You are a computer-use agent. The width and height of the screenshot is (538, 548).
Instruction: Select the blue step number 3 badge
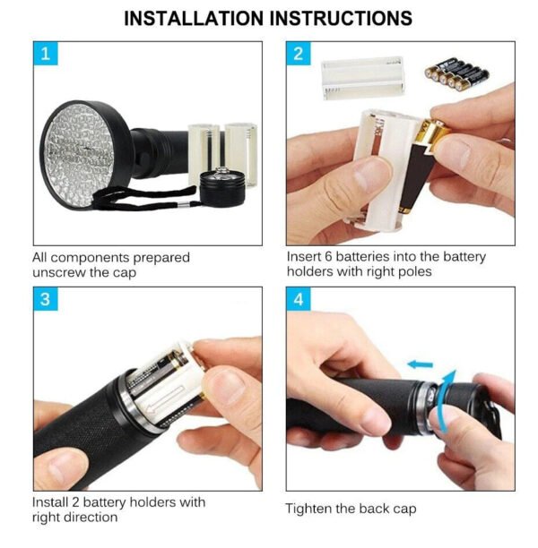point(45,300)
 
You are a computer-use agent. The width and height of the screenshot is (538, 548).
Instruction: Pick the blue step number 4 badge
point(299,300)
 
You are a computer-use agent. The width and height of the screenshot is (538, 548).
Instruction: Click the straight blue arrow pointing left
point(419,364)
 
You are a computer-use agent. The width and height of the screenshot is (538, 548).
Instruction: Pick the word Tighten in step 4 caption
point(309,509)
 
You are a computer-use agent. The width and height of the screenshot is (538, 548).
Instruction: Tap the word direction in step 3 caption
point(90,517)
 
